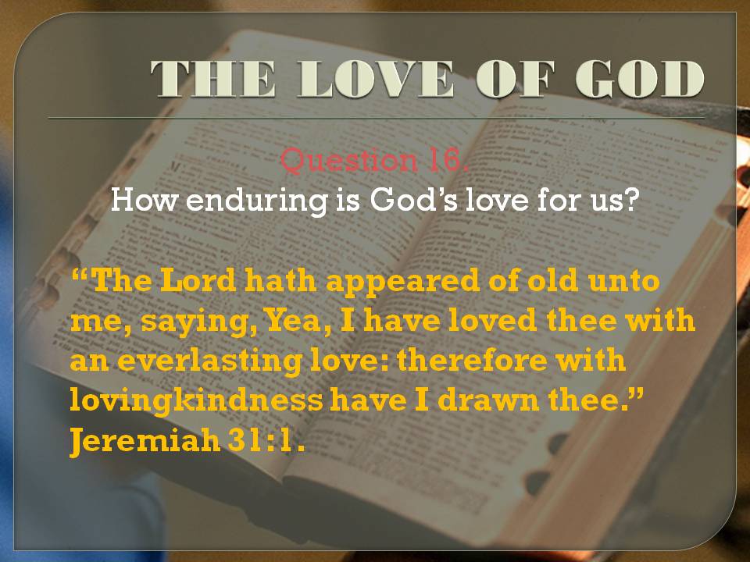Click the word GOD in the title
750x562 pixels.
(x=640, y=79)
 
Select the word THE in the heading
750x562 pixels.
(x=213, y=79)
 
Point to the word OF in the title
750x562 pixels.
(x=515, y=79)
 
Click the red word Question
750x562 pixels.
(x=348, y=160)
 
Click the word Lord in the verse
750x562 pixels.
(x=198, y=280)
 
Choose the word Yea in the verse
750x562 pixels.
(x=295, y=321)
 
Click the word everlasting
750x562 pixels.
(x=209, y=361)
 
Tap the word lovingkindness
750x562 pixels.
(x=196, y=401)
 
